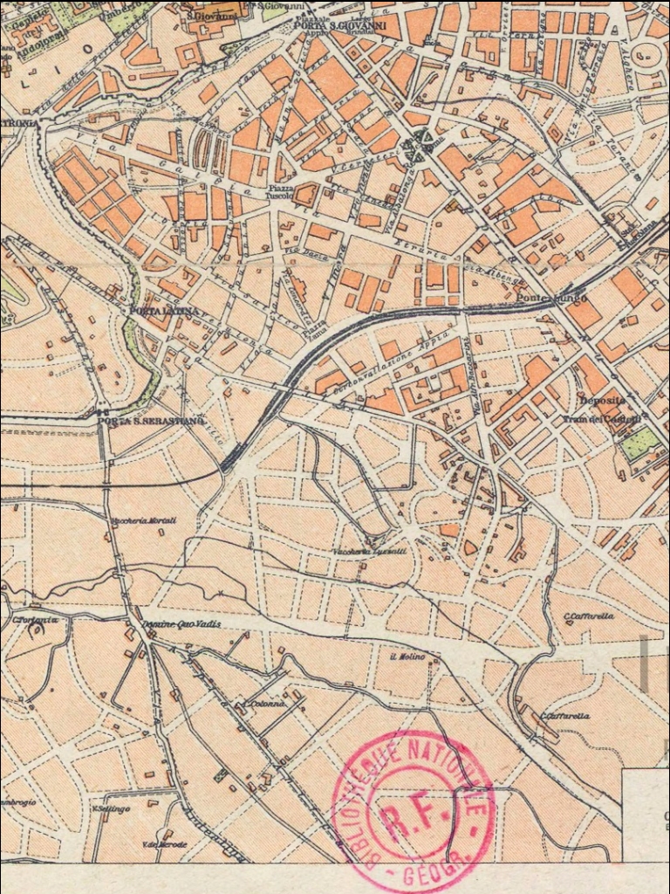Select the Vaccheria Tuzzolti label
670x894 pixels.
tap(371, 552)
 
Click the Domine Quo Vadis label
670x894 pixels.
tap(181, 624)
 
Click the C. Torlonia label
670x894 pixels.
tap(35, 620)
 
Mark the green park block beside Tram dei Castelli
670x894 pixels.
tap(638, 444)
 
